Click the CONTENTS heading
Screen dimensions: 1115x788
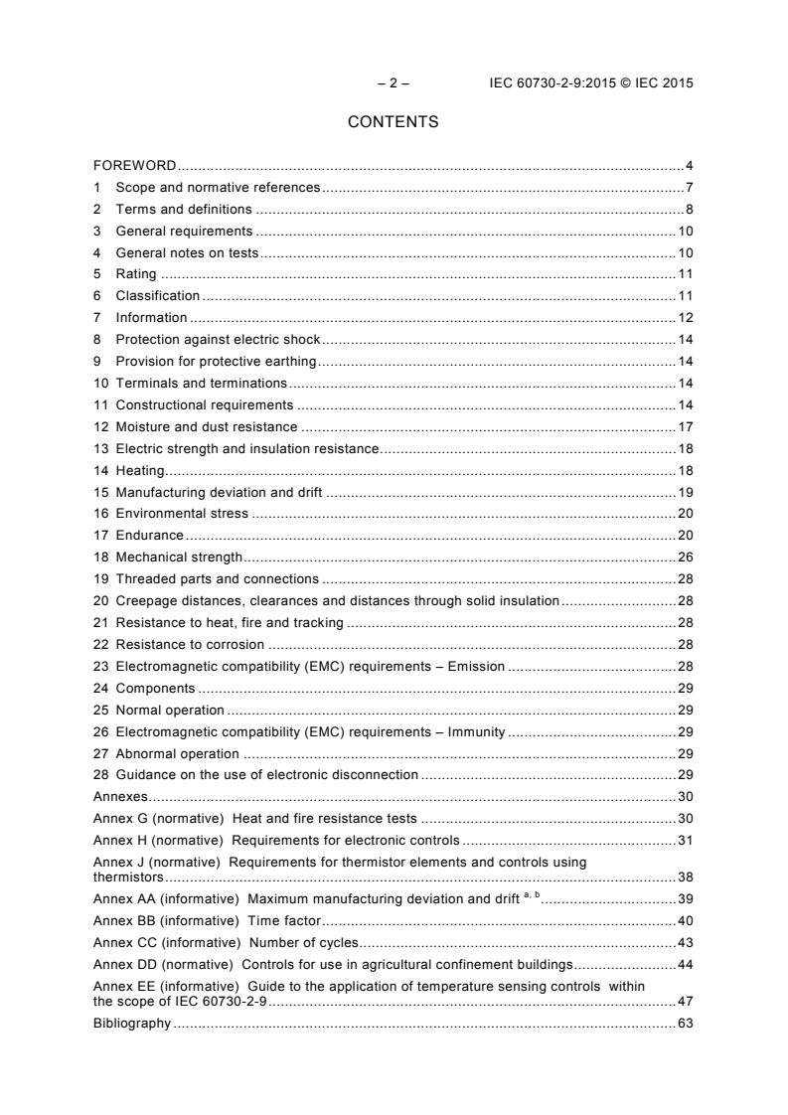coord(394,123)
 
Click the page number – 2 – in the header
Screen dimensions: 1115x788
coord(394,83)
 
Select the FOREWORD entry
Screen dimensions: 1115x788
coord(135,166)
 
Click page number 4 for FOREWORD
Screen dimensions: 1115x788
coord(689,166)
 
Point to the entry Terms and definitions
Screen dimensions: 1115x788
coord(184,209)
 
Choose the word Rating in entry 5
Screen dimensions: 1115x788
coord(136,273)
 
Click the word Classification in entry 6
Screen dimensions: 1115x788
coord(158,295)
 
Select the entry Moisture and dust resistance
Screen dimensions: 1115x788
coord(208,426)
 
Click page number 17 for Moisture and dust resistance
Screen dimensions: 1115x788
coord(685,426)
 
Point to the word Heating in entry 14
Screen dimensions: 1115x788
coord(140,470)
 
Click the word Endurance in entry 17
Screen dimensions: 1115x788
coord(150,535)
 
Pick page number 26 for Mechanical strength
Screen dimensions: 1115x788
coord(685,557)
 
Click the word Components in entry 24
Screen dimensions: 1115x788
coord(156,688)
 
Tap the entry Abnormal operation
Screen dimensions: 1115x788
coord(178,753)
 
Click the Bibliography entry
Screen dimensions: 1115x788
coord(131,1024)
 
